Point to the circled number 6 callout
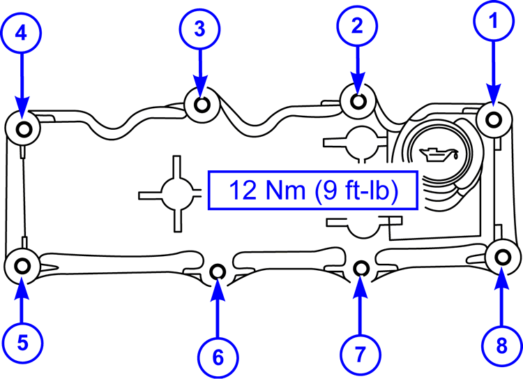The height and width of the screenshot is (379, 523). [218, 357]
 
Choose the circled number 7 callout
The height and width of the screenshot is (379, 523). [360, 354]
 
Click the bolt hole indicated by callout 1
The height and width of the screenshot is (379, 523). [494, 119]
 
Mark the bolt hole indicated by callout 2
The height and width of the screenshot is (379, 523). [358, 101]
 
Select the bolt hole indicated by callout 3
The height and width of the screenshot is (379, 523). [202, 105]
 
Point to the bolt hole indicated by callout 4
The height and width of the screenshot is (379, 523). [23, 128]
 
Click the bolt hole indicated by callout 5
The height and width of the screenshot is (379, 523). [22, 265]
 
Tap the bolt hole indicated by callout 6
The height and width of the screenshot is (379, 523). [218, 270]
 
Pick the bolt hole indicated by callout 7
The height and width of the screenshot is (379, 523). [361, 267]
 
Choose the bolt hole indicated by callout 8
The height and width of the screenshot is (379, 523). [501, 257]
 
